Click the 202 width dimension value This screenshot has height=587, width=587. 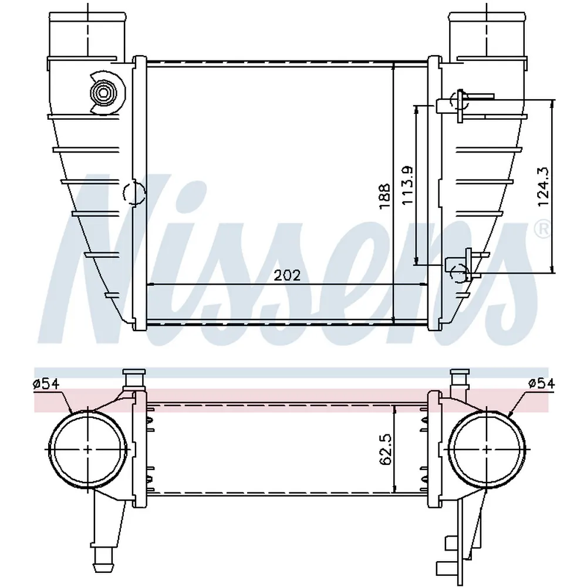287,275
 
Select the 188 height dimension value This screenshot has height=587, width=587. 384,196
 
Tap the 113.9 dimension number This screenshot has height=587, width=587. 408,185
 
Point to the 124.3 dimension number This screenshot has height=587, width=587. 543,186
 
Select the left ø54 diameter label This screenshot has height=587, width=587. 46,384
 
